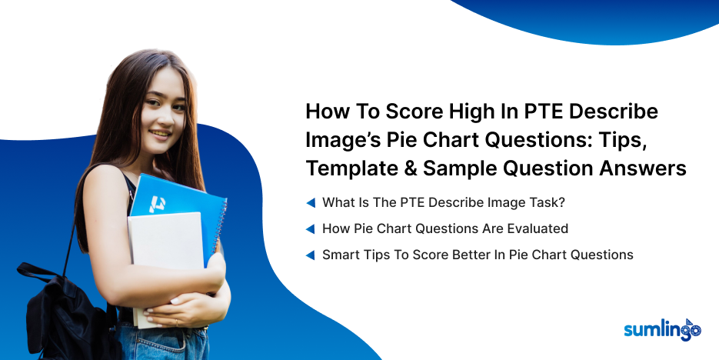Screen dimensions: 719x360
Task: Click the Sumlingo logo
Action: point(663,330)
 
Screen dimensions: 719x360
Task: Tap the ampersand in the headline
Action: point(408,168)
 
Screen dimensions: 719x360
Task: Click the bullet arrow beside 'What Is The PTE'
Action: point(311,203)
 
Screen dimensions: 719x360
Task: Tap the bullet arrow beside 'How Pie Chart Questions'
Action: point(311,228)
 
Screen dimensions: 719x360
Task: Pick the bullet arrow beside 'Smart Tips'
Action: point(311,255)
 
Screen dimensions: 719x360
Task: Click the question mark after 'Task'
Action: point(561,202)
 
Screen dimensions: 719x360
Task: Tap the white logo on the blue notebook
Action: point(158,204)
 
